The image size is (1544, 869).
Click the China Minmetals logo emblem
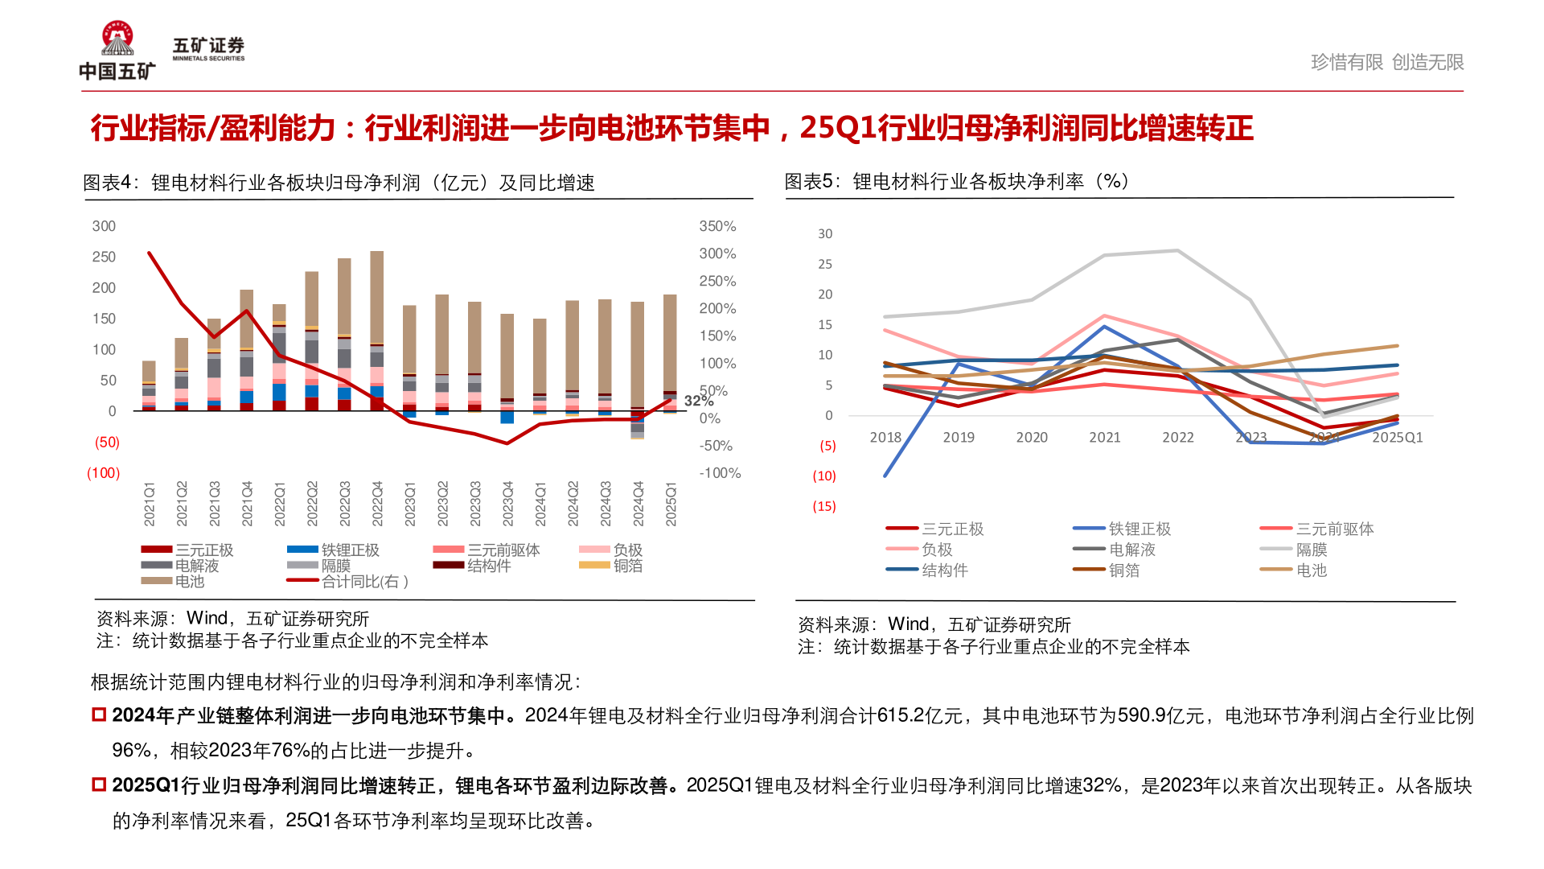(117, 39)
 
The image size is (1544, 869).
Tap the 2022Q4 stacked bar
(377, 330)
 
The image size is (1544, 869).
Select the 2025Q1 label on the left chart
(671, 505)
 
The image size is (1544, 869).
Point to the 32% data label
(698, 401)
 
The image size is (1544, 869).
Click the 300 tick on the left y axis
(104, 226)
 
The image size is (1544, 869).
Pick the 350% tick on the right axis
(717, 226)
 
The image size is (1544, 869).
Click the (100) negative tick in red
(103, 473)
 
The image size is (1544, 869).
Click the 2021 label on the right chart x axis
(1104, 437)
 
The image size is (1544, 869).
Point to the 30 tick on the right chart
(825, 233)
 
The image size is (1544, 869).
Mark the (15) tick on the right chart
(823, 506)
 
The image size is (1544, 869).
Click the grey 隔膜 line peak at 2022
(1178, 251)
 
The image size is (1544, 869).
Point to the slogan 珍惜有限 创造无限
(1386, 62)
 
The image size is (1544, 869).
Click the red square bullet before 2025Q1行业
(99, 785)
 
